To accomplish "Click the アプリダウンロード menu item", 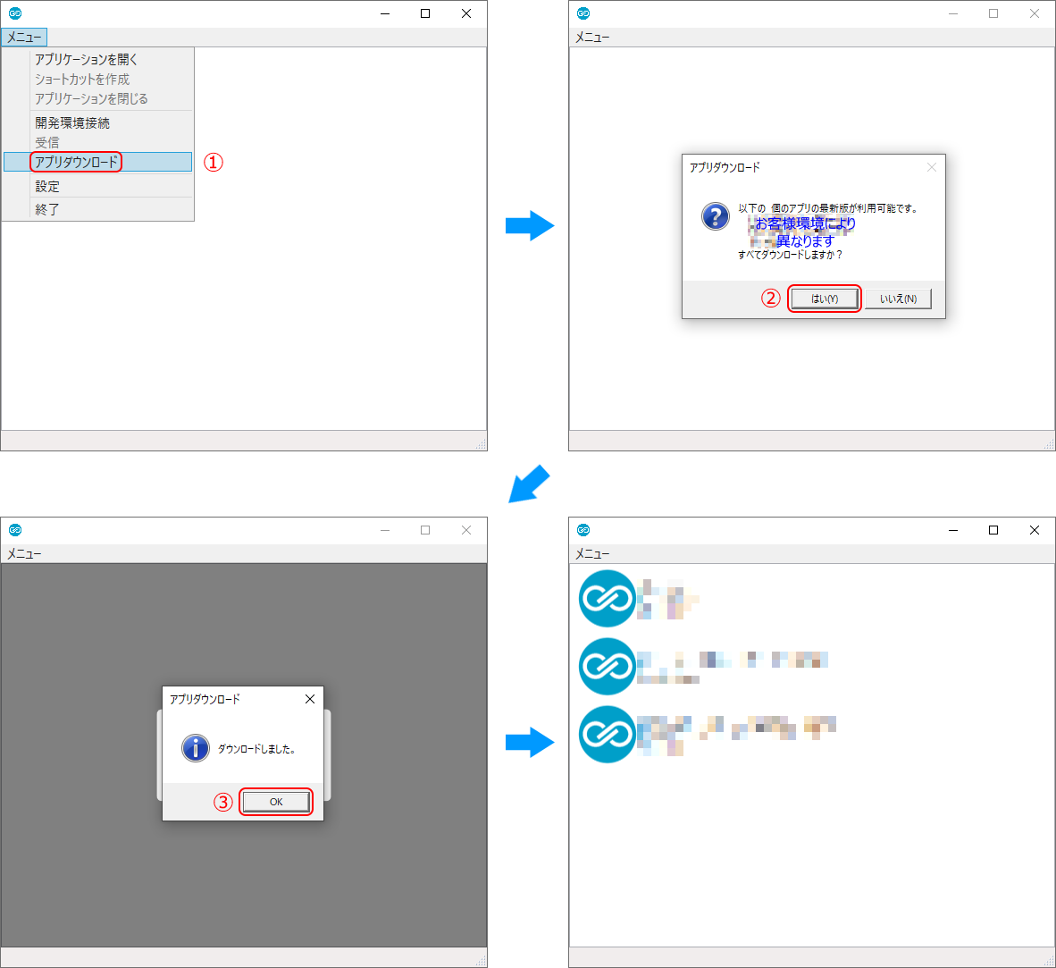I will [x=77, y=162].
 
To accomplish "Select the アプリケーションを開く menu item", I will [x=87, y=59].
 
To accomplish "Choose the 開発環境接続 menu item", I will [x=72, y=122].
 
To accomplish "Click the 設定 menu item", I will [x=47, y=186].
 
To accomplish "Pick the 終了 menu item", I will [x=47, y=209].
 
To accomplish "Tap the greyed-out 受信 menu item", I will [x=47, y=142].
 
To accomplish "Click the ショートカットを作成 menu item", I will [x=82, y=79].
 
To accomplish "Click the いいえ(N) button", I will [x=898, y=299].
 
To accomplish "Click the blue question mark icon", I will [x=715, y=216].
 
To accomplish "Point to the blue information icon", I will [x=195, y=748].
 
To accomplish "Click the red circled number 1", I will [x=213, y=162].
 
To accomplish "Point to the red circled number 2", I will [x=770, y=299].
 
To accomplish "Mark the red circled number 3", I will [x=222, y=802].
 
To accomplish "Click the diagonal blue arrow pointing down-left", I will [x=528, y=484].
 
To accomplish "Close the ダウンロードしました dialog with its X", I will [x=310, y=699].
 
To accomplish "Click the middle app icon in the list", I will [x=607, y=666].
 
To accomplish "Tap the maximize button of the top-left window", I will [x=425, y=13].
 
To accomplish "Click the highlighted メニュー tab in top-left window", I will [x=24, y=38].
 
